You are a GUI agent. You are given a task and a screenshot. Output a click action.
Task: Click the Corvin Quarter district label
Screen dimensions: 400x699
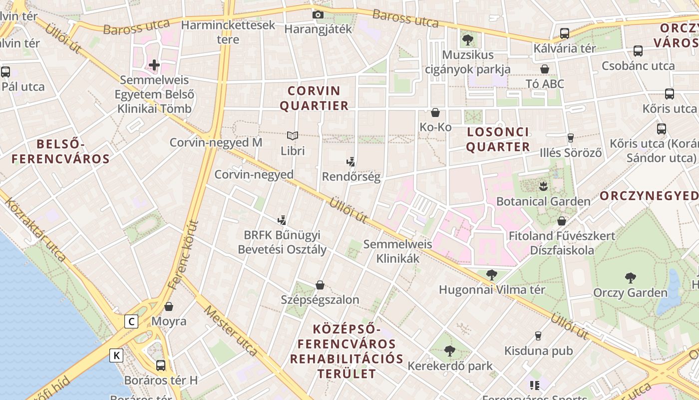click(x=314, y=98)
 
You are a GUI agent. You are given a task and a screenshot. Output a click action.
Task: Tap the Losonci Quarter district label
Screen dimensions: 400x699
click(x=498, y=139)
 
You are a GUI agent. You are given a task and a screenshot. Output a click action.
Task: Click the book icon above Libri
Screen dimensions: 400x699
click(x=292, y=135)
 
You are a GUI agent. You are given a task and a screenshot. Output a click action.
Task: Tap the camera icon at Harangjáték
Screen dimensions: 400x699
click(x=318, y=15)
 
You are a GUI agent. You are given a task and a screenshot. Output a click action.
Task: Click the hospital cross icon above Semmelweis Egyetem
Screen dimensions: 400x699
click(x=154, y=65)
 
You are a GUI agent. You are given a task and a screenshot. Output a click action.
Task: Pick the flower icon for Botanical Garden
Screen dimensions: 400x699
click(x=543, y=187)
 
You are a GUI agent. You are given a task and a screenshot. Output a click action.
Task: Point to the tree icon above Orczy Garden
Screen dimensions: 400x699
click(x=630, y=278)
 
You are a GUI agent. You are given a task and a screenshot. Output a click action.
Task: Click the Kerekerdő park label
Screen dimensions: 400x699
click(x=450, y=366)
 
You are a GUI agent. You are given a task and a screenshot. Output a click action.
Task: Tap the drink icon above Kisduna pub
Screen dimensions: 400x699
click(x=538, y=336)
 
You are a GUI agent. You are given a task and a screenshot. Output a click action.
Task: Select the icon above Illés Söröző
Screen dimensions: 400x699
click(x=571, y=138)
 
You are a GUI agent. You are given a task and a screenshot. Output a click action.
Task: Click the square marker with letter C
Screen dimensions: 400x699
click(x=131, y=321)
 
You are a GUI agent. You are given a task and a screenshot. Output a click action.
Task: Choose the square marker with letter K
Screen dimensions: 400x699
click(x=116, y=355)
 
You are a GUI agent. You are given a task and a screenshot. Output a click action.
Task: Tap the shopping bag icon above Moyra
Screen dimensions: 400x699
click(x=169, y=306)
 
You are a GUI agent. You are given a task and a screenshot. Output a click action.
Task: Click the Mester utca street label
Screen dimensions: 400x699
click(x=231, y=331)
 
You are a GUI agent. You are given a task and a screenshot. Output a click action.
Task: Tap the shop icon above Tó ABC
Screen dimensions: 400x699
click(x=545, y=69)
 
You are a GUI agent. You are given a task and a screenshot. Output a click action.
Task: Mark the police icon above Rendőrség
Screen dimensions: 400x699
click(x=351, y=161)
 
